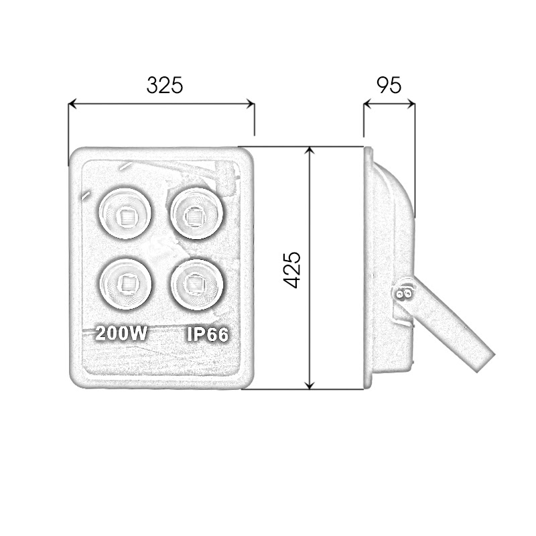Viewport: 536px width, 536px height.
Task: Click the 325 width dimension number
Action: tap(165, 85)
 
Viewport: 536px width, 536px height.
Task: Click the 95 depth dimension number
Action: tap(389, 85)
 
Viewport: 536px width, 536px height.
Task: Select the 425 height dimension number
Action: tap(292, 270)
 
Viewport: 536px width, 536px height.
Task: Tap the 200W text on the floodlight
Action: tap(121, 333)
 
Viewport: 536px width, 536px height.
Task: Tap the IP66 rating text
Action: tap(208, 334)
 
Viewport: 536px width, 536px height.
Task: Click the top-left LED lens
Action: tap(125, 213)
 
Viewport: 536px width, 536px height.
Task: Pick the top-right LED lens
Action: tap(196, 213)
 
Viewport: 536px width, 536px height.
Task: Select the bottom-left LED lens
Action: tap(125, 284)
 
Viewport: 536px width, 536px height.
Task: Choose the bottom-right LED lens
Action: tap(196, 284)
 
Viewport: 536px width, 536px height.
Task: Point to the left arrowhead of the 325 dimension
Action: tap(72, 104)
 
